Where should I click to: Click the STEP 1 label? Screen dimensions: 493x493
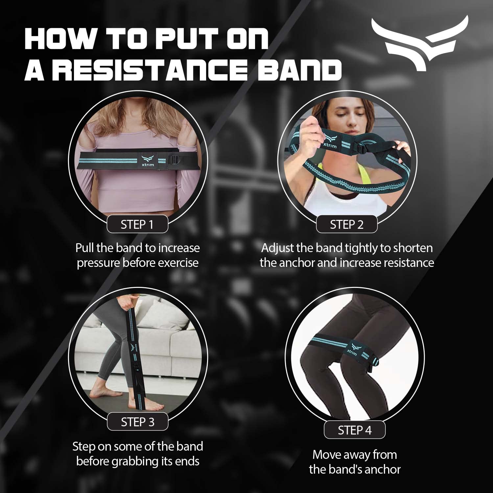coord(137,224)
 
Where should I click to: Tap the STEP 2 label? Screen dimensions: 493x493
coord(347,224)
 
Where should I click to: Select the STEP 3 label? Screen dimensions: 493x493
coord(137,422)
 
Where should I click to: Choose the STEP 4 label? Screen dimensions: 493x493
coord(355,430)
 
